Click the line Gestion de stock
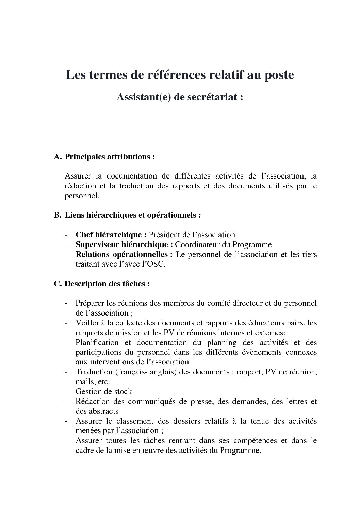tap(103, 391)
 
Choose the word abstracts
tap(102, 411)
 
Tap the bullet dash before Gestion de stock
tap(66, 391)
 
